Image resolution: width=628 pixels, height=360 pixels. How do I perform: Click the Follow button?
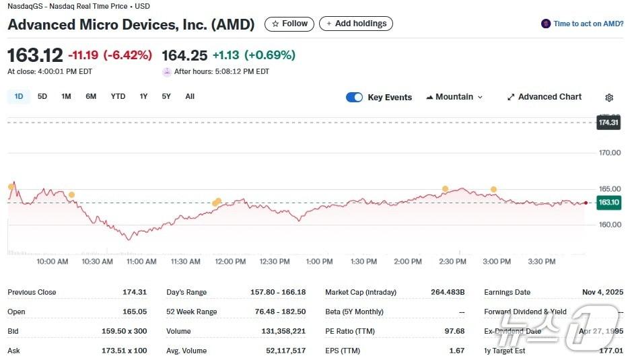pos(289,24)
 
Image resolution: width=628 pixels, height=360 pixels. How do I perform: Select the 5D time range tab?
pos(42,96)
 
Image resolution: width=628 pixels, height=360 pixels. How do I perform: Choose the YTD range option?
pos(118,96)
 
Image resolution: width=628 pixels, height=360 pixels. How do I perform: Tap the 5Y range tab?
pos(166,96)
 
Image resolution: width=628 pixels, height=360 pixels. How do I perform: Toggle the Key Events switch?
pos(354,97)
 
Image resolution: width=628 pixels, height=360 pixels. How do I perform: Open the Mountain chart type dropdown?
pos(454,97)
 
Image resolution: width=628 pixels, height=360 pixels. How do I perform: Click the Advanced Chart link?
pos(544,97)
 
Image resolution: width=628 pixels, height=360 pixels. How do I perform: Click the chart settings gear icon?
pos(609,98)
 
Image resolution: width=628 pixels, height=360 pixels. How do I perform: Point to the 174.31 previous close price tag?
pos(608,122)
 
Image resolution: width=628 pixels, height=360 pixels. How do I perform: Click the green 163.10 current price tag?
pos(608,202)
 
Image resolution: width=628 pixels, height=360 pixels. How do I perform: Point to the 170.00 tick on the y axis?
pos(610,153)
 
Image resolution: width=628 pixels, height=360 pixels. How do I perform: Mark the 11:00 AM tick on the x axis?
pos(141,261)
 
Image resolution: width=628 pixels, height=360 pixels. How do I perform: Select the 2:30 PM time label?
pos(452,261)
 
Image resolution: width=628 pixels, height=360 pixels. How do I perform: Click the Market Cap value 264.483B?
pos(448,292)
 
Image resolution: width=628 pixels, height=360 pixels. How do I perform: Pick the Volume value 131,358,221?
pos(283,331)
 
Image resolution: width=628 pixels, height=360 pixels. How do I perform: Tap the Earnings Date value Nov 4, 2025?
pos(602,292)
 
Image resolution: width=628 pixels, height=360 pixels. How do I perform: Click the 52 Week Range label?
pos(192,312)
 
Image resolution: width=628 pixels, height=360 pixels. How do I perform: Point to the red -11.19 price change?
pos(83,55)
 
